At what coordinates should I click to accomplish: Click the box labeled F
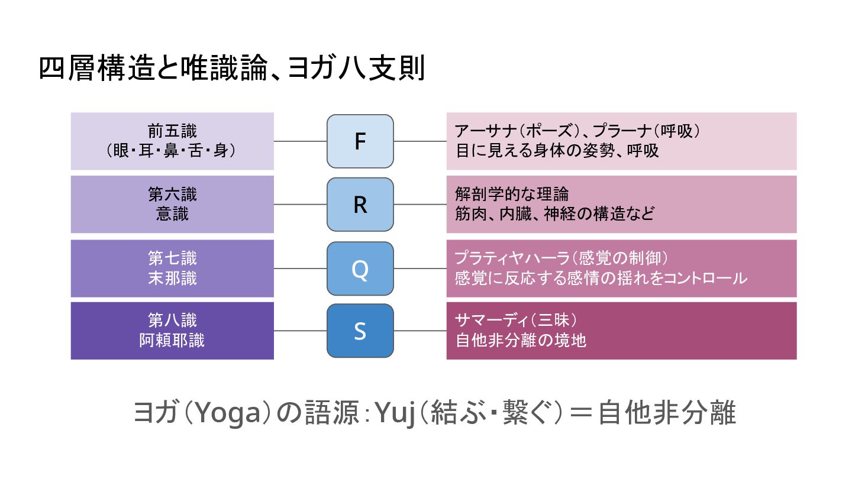[360, 141]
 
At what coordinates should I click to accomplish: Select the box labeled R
[360, 204]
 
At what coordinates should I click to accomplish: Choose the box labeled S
[360, 331]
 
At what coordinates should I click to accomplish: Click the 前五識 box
[172, 141]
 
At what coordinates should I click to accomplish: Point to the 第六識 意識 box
[172, 204]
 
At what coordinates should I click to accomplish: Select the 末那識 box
[172, 268]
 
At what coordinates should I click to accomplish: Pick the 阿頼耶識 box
[172, 331]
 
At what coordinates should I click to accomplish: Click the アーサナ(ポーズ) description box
[621, 141]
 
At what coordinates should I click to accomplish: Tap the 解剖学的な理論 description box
[621, 204]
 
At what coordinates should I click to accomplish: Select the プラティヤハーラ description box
[621, 268]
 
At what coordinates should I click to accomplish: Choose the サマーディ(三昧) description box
[621, 331]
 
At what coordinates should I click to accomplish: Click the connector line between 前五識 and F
[301, 141]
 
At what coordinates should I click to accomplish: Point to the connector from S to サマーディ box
[420, 331]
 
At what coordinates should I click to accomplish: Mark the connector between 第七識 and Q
[301, 268]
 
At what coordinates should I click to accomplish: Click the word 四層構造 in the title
[89, 69]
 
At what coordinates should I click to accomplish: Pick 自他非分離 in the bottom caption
[667, 413]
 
